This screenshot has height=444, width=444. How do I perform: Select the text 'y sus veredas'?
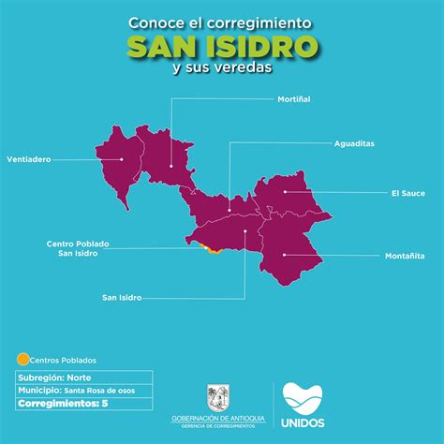pyautogui.click(x=221, y=68)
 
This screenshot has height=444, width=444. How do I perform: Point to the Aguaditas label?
pyautogui.click(x=355, y=143)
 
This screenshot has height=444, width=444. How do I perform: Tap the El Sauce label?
pyautogui.click(x=407, y=193)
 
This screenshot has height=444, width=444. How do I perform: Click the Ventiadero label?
pyautogui.click(x=28, y=159)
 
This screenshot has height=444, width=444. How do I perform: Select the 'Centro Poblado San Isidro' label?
pyautogui.click(x=78, y=248)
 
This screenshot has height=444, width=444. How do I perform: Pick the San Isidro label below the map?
pyautogui.click(x=122, y=297)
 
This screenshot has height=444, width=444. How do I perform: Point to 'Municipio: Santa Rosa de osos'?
pyautogui.click(x=71, y=390)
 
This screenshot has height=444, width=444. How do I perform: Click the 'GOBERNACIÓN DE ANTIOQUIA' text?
pyautogui.click(x=216, y=418)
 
